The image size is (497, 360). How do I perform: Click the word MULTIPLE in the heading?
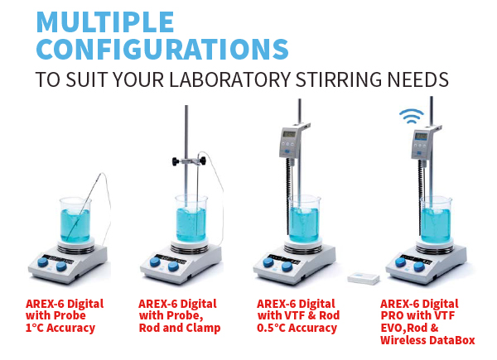(105, 22)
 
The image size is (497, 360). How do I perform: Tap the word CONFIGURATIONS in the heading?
(162, 49)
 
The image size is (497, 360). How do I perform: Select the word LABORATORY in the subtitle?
(229, 79)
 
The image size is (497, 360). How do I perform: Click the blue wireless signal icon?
(412, 116)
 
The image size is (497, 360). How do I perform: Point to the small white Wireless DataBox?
(364, 278)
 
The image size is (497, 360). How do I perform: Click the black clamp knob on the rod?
(176, 161)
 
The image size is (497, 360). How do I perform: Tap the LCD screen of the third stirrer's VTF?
(289, 134)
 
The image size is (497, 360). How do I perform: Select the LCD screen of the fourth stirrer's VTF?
(422, 137)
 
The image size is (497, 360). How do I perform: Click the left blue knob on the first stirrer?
(42, 262)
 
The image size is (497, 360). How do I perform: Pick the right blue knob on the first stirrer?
(61, 266)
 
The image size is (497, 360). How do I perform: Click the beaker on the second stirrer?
(191, 218)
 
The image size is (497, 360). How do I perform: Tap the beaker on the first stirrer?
(75, 220)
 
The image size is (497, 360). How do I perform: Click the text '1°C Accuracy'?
(60, 328)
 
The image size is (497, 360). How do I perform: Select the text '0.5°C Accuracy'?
(297, 328)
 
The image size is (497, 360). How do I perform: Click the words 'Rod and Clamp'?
(180, 328)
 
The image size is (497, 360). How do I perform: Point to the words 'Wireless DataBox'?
(427, 340)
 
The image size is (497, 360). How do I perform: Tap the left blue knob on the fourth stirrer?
(401, 262)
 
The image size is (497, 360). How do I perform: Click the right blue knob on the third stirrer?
(287, 266)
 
